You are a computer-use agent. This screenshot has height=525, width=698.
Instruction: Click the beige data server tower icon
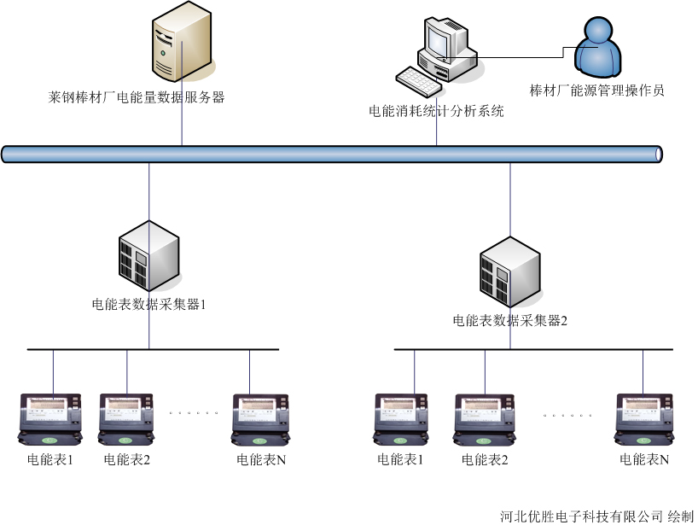click(182, 43)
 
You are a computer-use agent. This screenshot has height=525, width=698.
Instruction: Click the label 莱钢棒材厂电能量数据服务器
click(137, 97)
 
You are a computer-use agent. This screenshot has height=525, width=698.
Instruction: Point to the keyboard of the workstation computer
click(419, 80)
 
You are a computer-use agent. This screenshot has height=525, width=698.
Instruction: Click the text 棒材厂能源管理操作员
click(596, 90)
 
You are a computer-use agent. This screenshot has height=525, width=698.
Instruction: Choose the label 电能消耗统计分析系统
click(436, 111)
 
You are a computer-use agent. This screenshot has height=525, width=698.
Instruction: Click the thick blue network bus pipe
click(332, 154)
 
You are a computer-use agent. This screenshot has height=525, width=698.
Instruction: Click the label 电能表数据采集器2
click(510, 321)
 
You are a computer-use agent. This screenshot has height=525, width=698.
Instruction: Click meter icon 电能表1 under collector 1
click(50, 418)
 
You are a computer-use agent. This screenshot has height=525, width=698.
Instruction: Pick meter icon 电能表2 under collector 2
click(485, 418)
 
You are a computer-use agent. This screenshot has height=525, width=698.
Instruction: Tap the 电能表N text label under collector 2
click(644, 459)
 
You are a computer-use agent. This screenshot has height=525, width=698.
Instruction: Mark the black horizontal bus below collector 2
click(533, 349)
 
